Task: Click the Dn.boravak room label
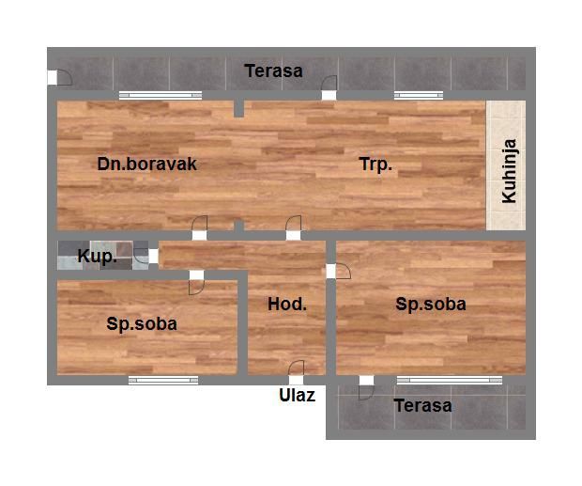[147, 164]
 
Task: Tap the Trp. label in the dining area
[375, 165]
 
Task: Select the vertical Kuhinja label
[509, 171]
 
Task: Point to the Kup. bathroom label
[97, 257]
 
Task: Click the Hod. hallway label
[287, 305]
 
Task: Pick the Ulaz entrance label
[297, 396]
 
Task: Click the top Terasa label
[273, 71]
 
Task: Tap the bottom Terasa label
[422, 405]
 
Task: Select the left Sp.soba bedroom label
[142, 324]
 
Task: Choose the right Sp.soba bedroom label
[431, 305]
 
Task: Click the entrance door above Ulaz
[297, 372]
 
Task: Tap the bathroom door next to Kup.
[145, 256]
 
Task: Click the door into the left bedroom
[197, 282]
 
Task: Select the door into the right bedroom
[339, 271]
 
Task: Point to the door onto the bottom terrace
[366, 387]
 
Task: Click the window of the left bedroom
[163, 380]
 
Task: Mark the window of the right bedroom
[450, 380]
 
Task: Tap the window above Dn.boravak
[161, 96]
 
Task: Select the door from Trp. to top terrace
[329, 87]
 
